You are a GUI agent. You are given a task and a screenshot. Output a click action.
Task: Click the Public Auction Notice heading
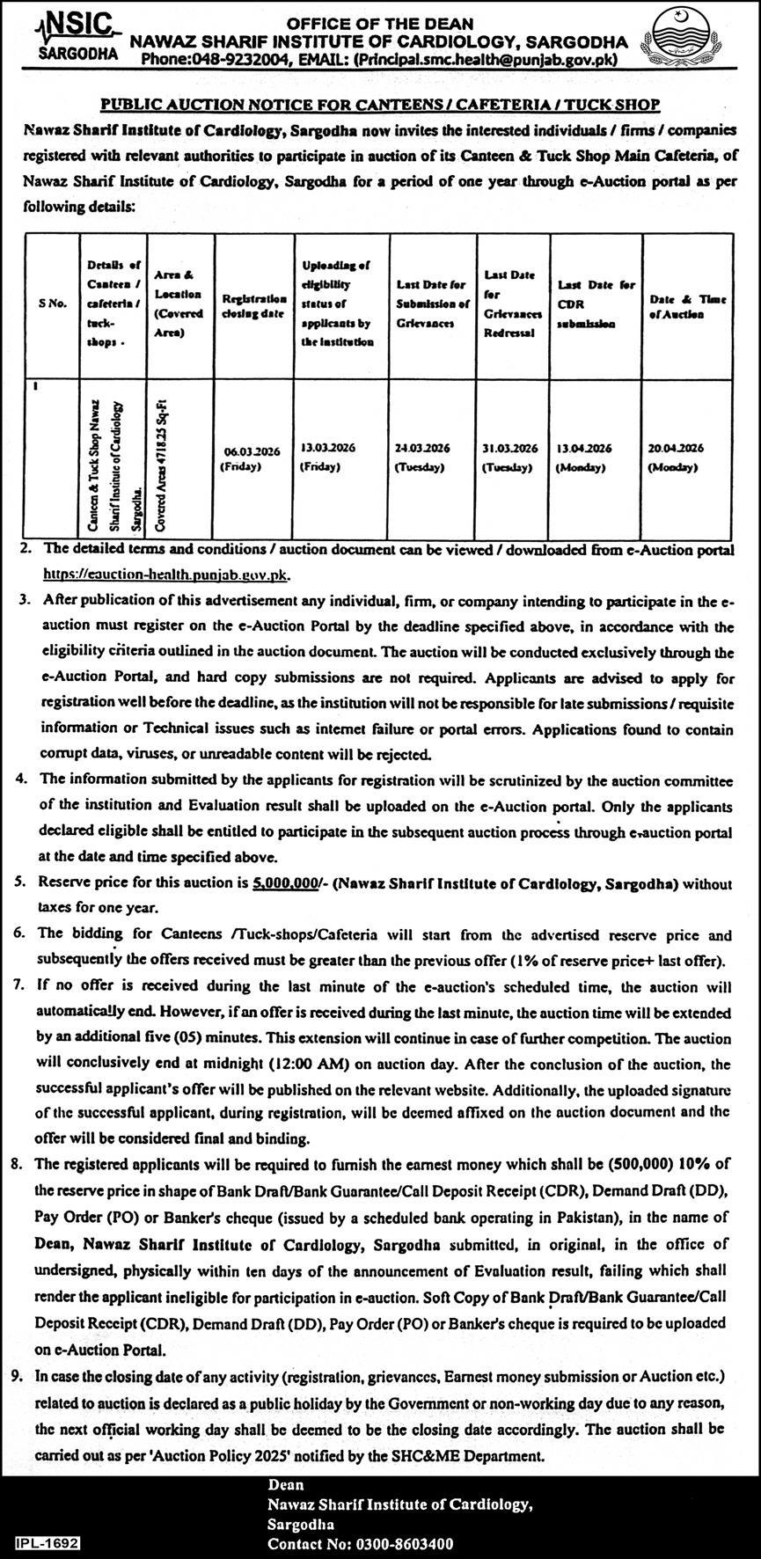pyautogui.click(x=380, y=104)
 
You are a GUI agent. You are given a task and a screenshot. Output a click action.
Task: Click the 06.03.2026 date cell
pyautogui.click(x=252, y=458)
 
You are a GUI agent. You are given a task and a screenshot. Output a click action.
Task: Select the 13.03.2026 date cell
pyautogui.click(x=328, y=456)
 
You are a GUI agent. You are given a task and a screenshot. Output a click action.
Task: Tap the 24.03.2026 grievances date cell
pyautogui.click(x=423, y=457)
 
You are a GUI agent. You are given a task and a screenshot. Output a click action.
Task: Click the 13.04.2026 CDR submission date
pyautogui.click(x=583, y=457)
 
